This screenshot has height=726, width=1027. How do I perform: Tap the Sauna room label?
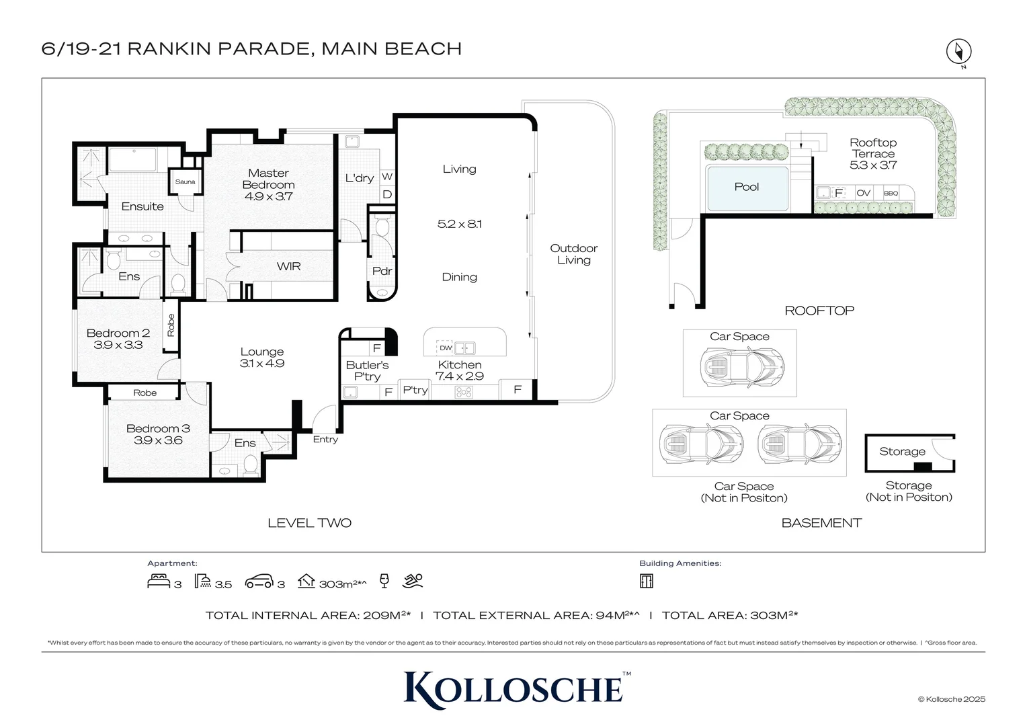(x=185, y=182)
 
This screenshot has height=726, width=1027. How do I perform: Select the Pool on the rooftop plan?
(x=747, y=188)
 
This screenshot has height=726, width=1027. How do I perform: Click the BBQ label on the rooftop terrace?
(x=891, y=194)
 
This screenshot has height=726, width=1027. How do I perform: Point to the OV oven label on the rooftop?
(x=864, y=193)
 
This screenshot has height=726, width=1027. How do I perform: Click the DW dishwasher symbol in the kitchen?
(x=445, y=348)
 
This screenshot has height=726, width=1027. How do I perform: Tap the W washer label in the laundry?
(x=387, y=177)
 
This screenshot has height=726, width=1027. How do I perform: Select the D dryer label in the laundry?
(x=387, y=194)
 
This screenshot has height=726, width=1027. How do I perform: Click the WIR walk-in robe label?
(x=288, y=267)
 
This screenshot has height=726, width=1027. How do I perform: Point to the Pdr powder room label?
(x=382, y=271)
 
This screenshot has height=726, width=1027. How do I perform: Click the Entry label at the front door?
(x=325, y=440)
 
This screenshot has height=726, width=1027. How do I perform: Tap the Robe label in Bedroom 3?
(x=145, y=393)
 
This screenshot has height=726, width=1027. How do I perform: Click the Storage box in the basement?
(x=909, y=453)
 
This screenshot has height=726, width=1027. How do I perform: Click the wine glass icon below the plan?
(x=384, y=581)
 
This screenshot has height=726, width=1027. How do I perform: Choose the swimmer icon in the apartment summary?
(x=413, y=581)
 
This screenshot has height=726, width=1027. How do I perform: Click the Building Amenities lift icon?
(x=647, y=581)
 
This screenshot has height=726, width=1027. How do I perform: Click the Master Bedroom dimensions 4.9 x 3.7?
(x=268, y=197)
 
